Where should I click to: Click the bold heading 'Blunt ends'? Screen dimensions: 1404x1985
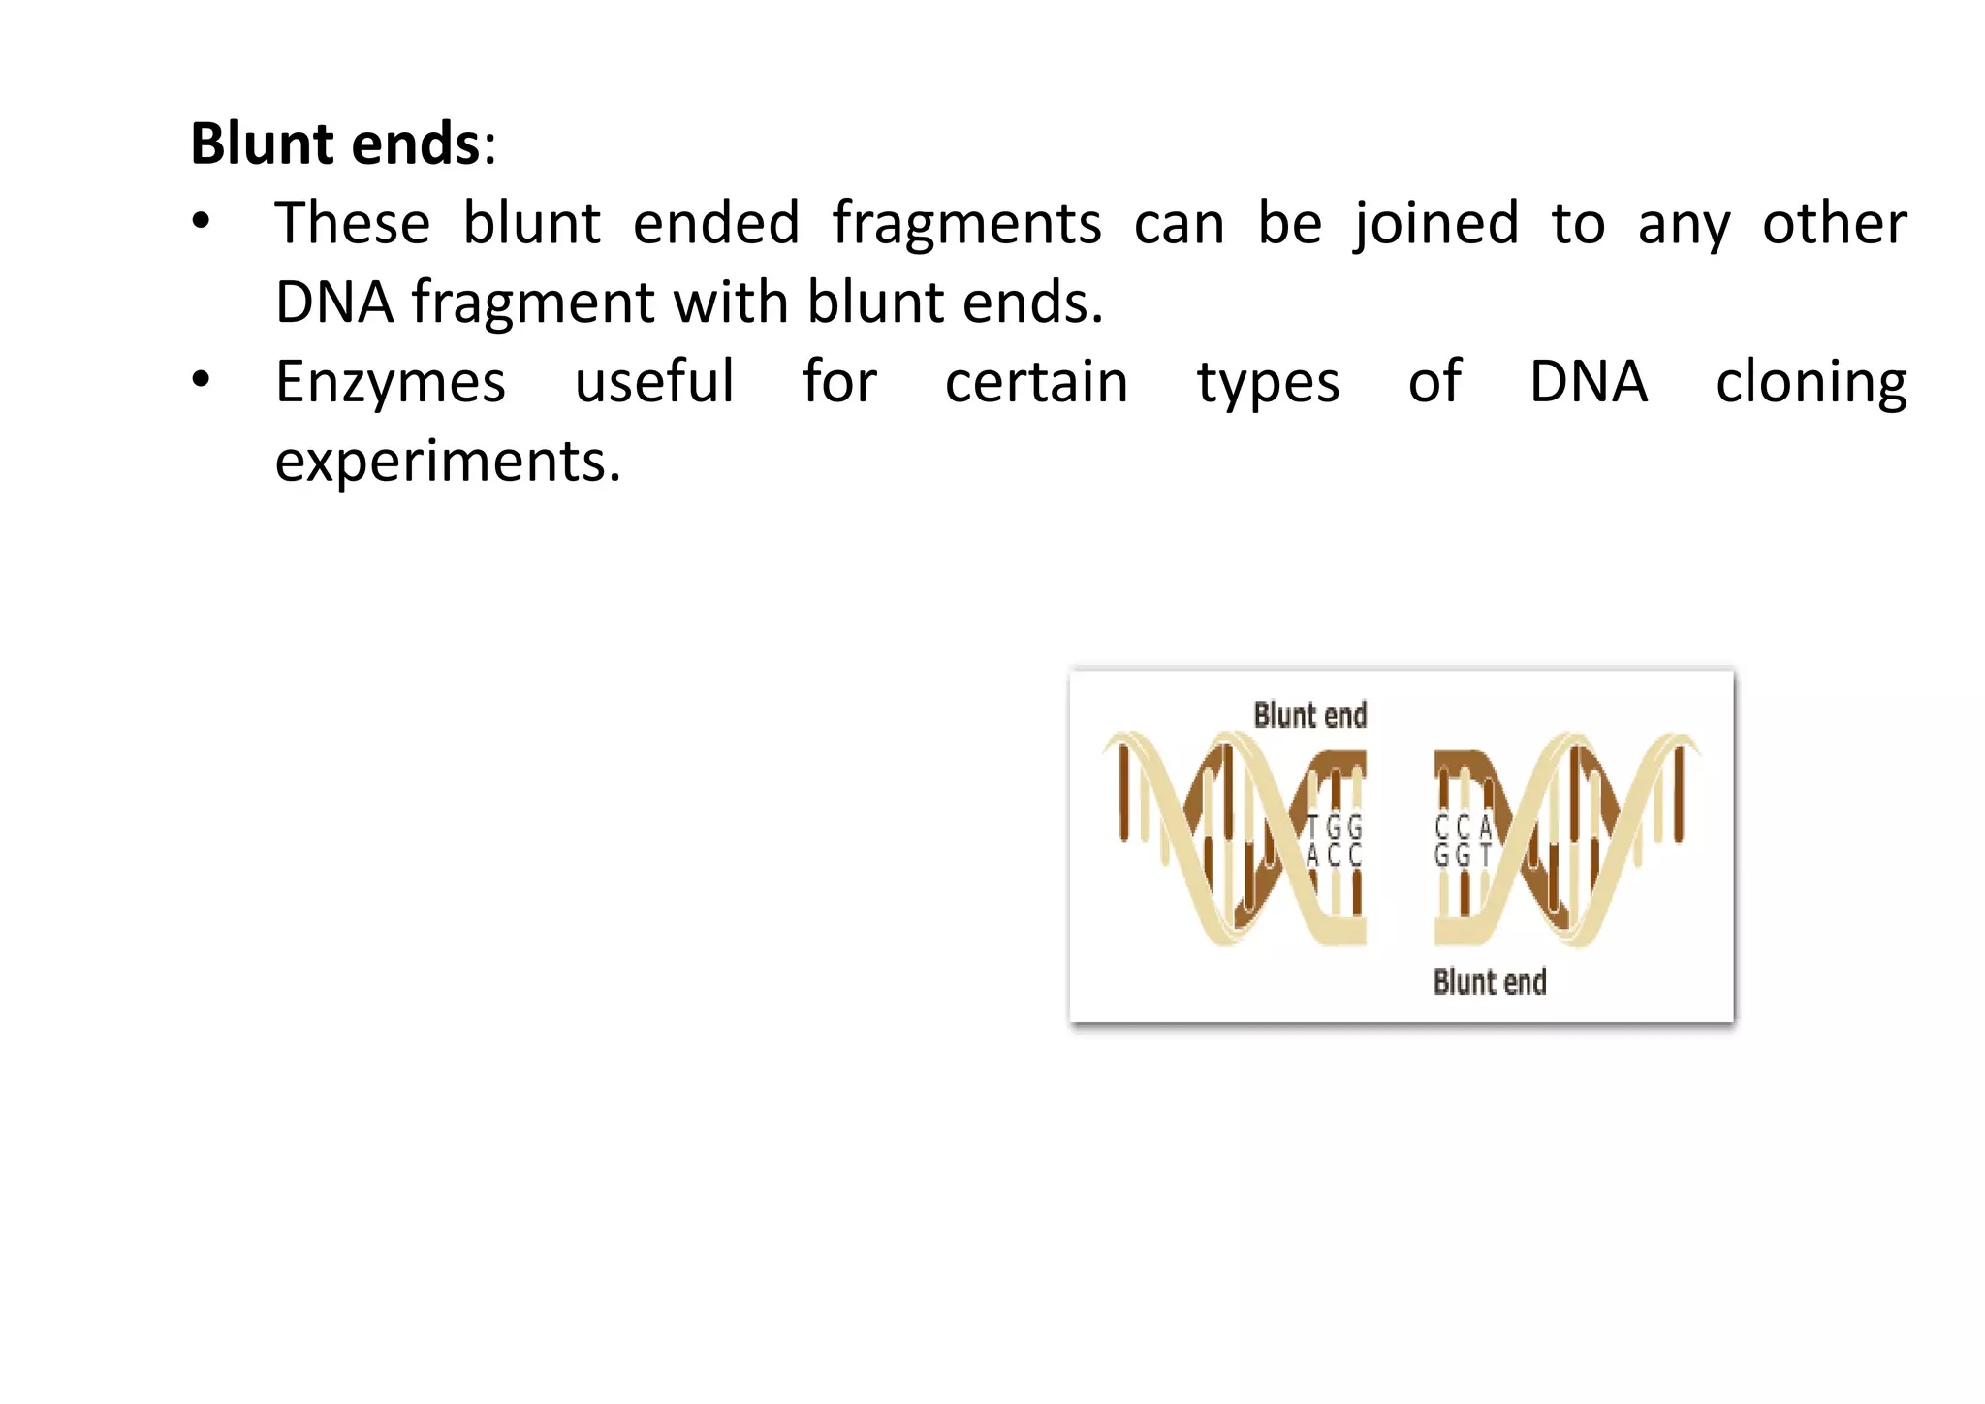tap(334, 144)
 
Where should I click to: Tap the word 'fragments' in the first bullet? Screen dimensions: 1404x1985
tap(966, 224)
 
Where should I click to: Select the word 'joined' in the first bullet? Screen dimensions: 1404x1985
tap(1435, 224)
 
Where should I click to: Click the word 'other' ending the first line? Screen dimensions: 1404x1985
tap(1834, 224)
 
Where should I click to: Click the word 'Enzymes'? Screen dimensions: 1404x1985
tap(390, 382)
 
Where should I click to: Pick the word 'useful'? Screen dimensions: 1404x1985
tap(654, 382)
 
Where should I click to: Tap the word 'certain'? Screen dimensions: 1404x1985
tap(1036, 382)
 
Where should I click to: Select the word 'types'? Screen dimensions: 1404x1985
tap(1268, 384)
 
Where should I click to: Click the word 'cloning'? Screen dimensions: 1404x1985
tap(1811, 384)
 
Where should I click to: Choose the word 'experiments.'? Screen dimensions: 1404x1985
tap(448, 462)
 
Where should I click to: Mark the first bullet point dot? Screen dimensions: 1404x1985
tap(201, 222)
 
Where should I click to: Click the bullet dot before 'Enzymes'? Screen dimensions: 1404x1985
tap(201, 380)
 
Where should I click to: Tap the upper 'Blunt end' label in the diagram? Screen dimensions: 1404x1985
tap(1309, 716)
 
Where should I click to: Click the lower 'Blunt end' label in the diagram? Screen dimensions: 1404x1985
tap(1489, 982)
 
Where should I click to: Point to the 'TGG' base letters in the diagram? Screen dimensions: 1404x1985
tap(1334, 828)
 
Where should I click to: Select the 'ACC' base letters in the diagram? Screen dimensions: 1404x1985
tap(1334, 855)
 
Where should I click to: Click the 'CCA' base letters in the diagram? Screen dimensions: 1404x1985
tap(1463, 828)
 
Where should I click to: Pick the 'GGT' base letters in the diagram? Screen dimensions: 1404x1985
tap(1463, 855)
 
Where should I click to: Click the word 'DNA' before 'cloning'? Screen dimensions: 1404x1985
tap(1588, 382)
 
